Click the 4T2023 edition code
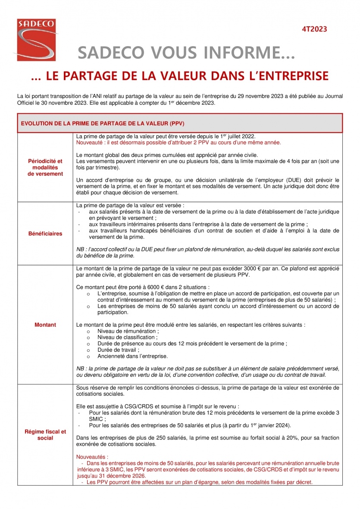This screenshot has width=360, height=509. (x=314, y=29)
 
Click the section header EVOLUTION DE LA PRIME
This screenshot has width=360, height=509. (x=103, y=123)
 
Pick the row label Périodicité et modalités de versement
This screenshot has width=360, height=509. (x=45, y=167)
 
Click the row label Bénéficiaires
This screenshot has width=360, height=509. (x=45, y=234)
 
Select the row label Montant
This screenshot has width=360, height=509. (x=45, y=325)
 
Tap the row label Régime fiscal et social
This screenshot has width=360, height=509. (x=45, y=434)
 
